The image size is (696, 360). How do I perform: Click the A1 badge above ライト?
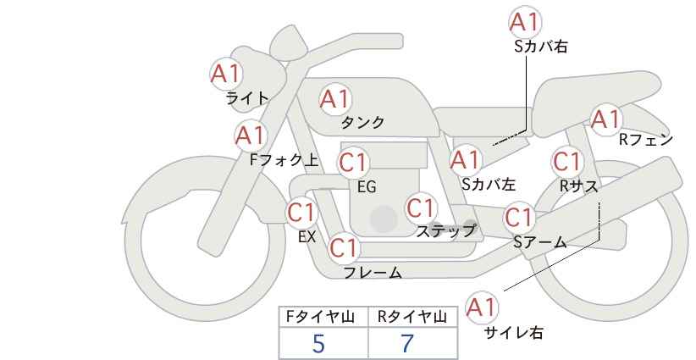(x=226, y=73)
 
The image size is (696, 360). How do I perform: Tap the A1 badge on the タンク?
(x=334, y=99)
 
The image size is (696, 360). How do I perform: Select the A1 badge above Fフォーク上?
(x=251, y=135)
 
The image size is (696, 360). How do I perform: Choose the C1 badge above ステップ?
(x=421, y=208)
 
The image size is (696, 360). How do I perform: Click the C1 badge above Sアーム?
(x=519, y=217)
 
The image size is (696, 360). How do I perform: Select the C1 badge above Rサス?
(x=566, y=161)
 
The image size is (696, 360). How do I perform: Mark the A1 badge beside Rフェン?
(x=605, y=119)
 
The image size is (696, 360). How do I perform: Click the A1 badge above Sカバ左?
(x=466, y=158)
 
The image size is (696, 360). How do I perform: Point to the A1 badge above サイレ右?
(x=482, y=307)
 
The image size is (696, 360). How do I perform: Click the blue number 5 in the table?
(x=318, y=344)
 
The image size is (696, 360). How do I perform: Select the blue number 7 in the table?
(x=407, y=344)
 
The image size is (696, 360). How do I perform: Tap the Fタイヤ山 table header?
(x=324, y=317)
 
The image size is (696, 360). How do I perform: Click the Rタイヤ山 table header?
(x=412, y=317)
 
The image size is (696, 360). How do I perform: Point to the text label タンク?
(x=362, y=123)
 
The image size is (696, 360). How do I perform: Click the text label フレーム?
(x=373, y=273)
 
